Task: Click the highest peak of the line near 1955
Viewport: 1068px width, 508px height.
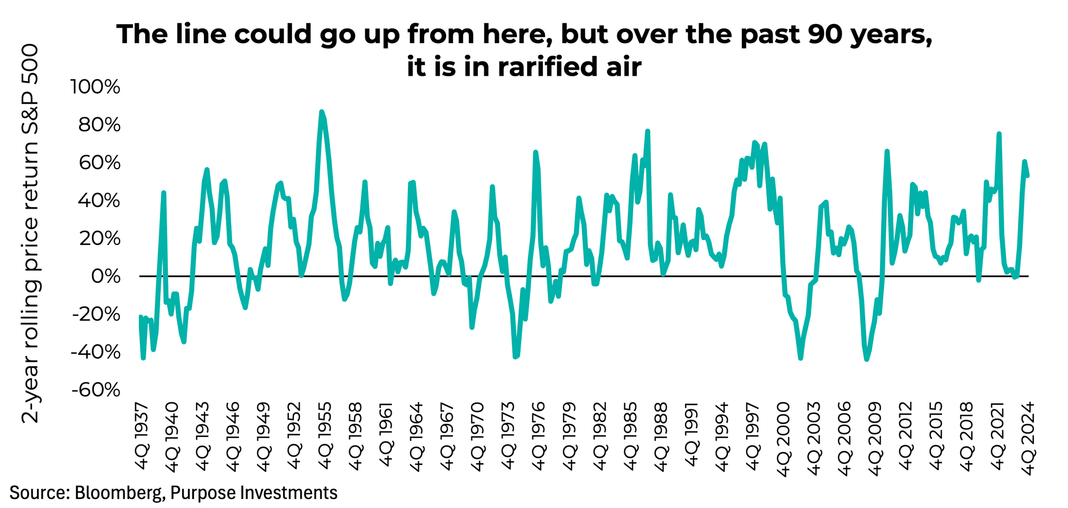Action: [321, 112]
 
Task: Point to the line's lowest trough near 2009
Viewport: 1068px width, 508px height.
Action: [866, 360]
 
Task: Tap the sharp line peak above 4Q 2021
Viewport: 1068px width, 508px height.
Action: [999, 134]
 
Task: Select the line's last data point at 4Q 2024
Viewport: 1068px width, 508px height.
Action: [1028, 175]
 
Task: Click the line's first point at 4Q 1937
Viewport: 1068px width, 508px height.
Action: [140, 316]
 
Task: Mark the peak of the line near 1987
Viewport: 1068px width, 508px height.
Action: [647, 131]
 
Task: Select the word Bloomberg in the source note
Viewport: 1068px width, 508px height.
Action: [117, 492]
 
